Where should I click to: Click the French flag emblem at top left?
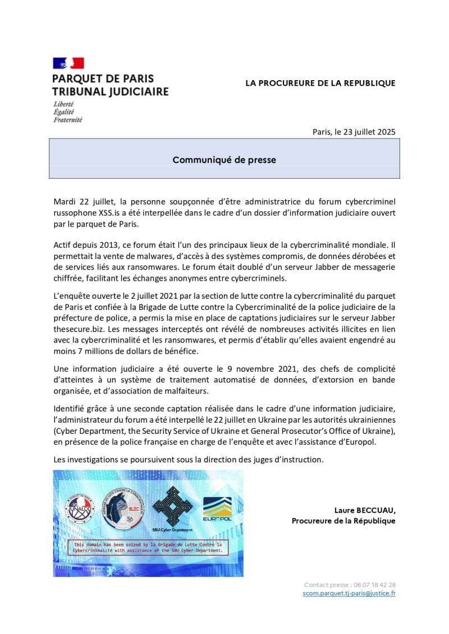pyautogui.click(x=68, y=63)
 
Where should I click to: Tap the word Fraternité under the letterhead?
pyautogui.click(x=67, y=119)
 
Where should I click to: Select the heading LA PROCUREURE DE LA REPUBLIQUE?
pyautogui.click(x=320, y=83)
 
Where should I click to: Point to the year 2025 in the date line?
pyautogui.click(x=384, y=132)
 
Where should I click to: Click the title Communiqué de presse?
pyautogui.click(x=224, y=160)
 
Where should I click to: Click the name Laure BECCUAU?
pyautogui.click(x=364, y=510)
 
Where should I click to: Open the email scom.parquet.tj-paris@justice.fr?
pyautogui.click(x=349, y=593)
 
